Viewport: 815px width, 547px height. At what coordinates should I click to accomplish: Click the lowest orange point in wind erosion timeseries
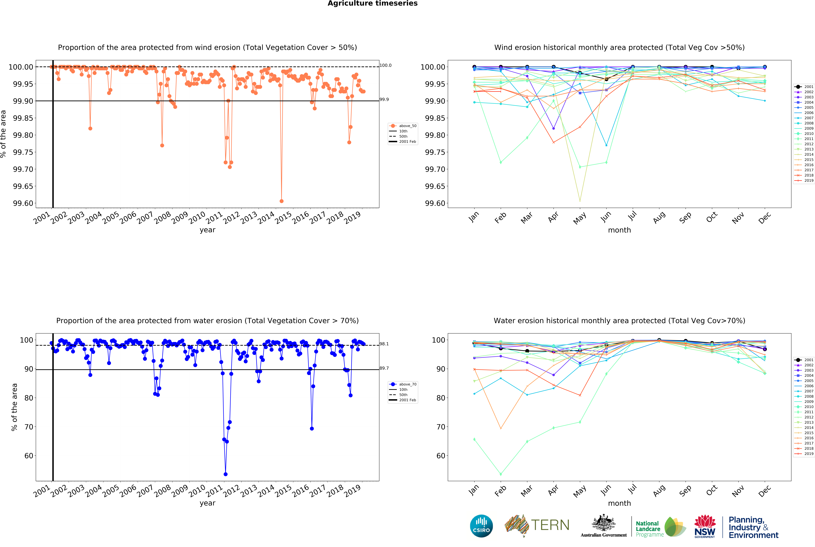(281, 201)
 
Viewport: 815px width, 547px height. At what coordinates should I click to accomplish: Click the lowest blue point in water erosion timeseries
(226, 474)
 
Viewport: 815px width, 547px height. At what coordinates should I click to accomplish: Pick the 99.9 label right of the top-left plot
(384, 99)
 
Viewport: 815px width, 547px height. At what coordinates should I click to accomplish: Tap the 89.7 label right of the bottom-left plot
(384, 368)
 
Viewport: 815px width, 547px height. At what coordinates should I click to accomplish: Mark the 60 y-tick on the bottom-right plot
(441, 456)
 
